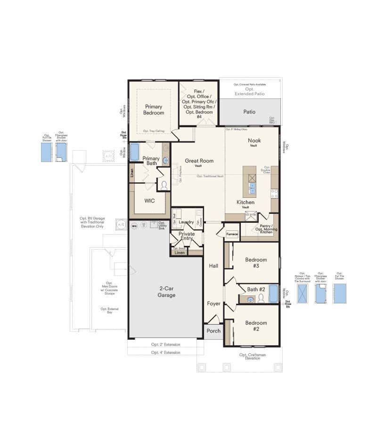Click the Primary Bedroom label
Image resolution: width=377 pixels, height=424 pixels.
(154, 110)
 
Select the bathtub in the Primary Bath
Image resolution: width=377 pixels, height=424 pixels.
(134, 152)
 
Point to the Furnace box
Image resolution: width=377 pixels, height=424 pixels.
(232, 234)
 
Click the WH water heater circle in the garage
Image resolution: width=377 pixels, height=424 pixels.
(134, 226)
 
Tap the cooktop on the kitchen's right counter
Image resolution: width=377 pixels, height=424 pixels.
(274, 193)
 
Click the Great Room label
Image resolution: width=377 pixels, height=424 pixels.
(199, 163)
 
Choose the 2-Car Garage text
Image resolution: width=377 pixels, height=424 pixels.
(166, 292)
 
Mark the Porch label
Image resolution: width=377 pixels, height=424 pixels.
(213, 331)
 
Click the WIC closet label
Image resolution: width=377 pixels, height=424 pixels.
(149, 200)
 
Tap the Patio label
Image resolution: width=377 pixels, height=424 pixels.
(249, 112)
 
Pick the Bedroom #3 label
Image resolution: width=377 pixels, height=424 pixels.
(256, 262)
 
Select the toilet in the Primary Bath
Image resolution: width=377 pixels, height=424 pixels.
(164, 186)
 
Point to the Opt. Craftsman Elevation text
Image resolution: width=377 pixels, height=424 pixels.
(249, 357)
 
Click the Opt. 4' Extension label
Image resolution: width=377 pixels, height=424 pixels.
(165, 352)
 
